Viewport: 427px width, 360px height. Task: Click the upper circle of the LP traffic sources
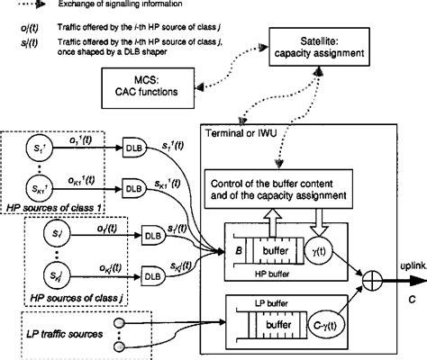(143, 320)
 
